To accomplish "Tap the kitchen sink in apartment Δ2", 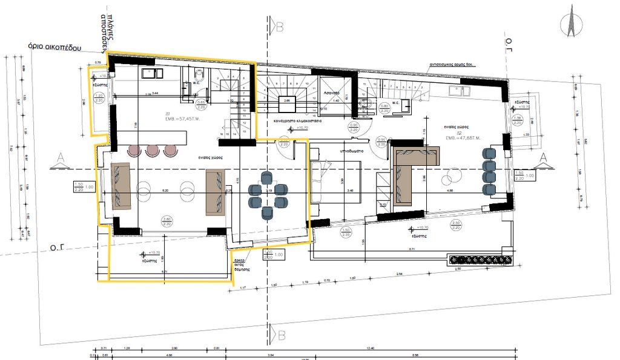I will (x=461, y=91).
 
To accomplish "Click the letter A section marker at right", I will (x=543, y=157).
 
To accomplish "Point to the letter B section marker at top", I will (x=279, y=27).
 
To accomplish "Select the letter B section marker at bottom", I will (x=279, y=335).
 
